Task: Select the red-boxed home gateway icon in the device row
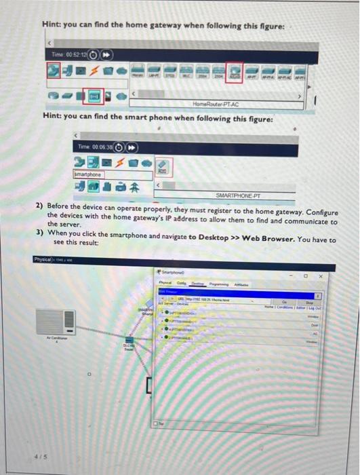[x=235, y=71]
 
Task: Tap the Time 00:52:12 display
[x=68, y=54]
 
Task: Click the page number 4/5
[x=43, y=457]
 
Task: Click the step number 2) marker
[x=40, y=205]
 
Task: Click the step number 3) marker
[x=40, y=231]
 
